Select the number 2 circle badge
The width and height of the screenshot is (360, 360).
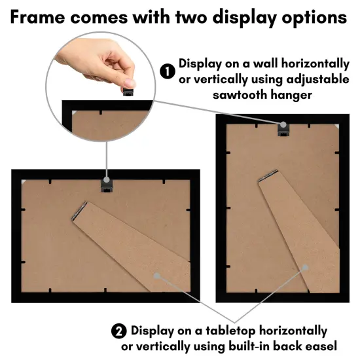click(x=120, y=331)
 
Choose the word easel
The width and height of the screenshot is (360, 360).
click(x=319, y=345)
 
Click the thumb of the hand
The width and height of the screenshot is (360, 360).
click(x=130, y=77)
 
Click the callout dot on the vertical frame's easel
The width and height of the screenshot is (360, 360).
click(x=304, y=268)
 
